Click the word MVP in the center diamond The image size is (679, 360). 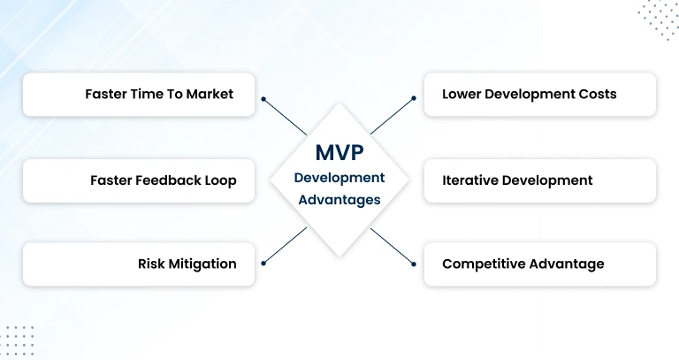click(339, 151)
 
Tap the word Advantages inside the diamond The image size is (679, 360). click(339, 200)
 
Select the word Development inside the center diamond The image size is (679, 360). click(339, 178)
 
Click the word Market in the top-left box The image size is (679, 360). click(210, 94)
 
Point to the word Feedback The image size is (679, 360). click(163, 180)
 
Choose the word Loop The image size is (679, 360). click(221, 180)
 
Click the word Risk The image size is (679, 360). click(153, 264)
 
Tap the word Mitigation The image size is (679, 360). click(204, 264)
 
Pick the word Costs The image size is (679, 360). click(596, 94)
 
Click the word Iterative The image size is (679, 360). click(469, 180)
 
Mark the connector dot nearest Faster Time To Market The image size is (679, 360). click(263, 99)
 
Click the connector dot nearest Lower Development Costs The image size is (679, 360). click(413, 99)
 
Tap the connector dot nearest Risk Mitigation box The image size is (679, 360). click(263, 263)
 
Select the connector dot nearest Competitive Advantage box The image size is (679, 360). click(413, 263)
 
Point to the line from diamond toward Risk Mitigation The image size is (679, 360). click(285, 245)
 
